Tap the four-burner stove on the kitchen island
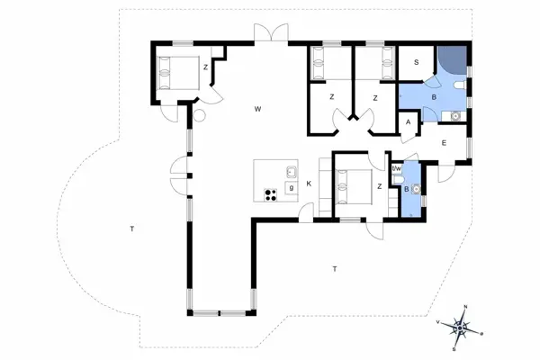pyautogui.click(x=269, y=193)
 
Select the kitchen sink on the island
pyautogui.click(x=292, y=173)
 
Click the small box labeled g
pyautogui.click(x=291, y=187)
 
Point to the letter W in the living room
pyautogui.click(x=257, y=109)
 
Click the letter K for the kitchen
pyautogui.click(x=308, y=184)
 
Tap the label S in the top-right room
pyautogui.click(x=416, y=62)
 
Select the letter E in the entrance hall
pyautogui.click(x=444, y=143)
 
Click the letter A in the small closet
pyautogui.click(x=408, y=122)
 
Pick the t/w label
pyautogui.click(x=396, y=167)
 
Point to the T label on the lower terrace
pyautogui.click(x=334, y=268)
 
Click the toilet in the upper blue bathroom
pyautogui.click(x=460, y=86)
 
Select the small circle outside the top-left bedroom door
pyautogui.click(x=200, y=115)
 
